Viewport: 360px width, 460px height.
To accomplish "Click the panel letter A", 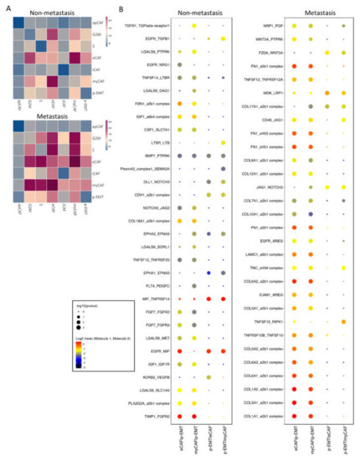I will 5,8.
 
